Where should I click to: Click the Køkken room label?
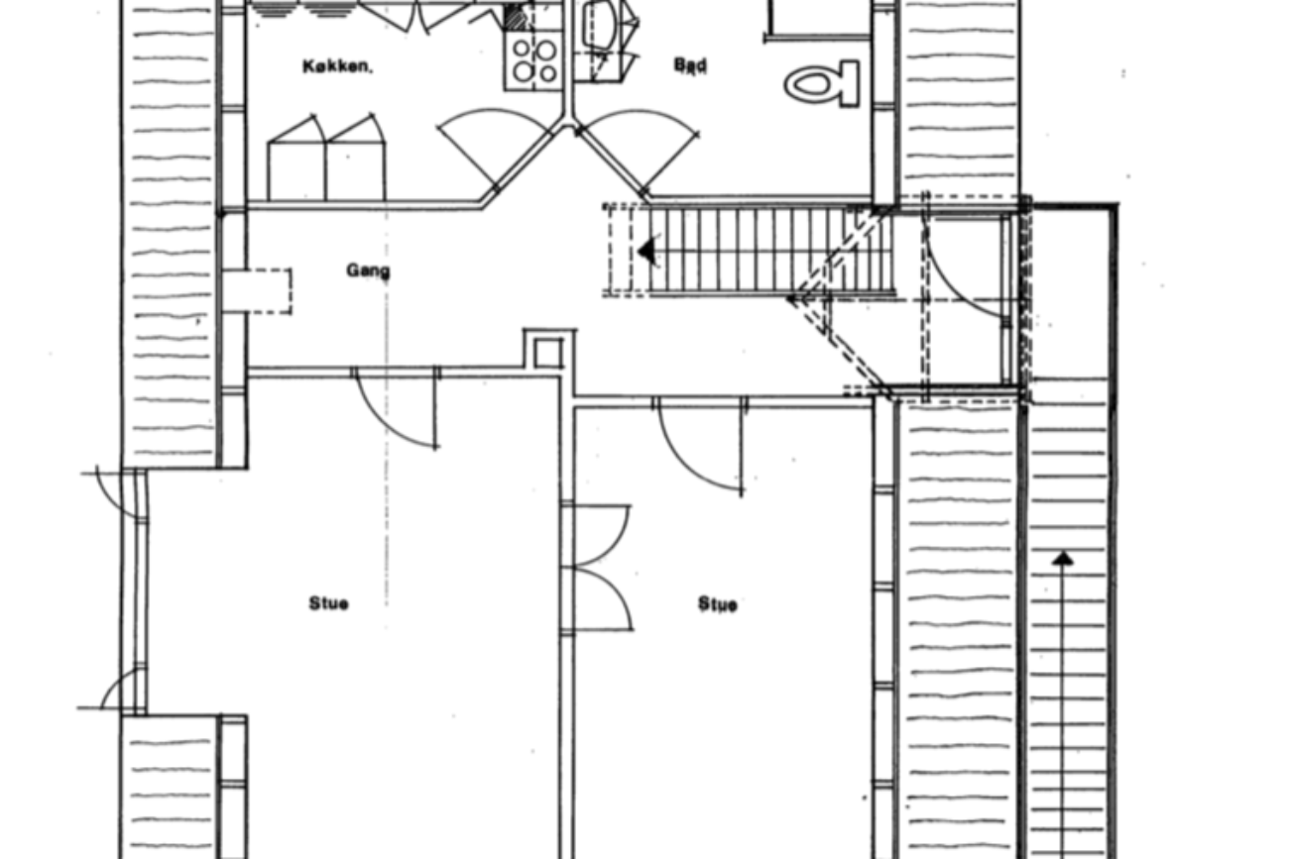coord(337,67)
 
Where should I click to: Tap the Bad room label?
coord(690,65)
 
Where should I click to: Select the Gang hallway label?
coord(368,270)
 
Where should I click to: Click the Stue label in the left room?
coord(328,603)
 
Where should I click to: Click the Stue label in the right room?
coord(717,604)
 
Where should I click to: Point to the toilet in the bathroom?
coord(822,83)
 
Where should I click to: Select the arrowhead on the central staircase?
coord(647,252)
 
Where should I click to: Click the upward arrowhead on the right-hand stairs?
coord(1063,559)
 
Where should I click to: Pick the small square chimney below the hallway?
coord(547,352)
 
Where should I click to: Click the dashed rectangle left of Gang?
coord(260,291)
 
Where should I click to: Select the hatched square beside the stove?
coord(515,18)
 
